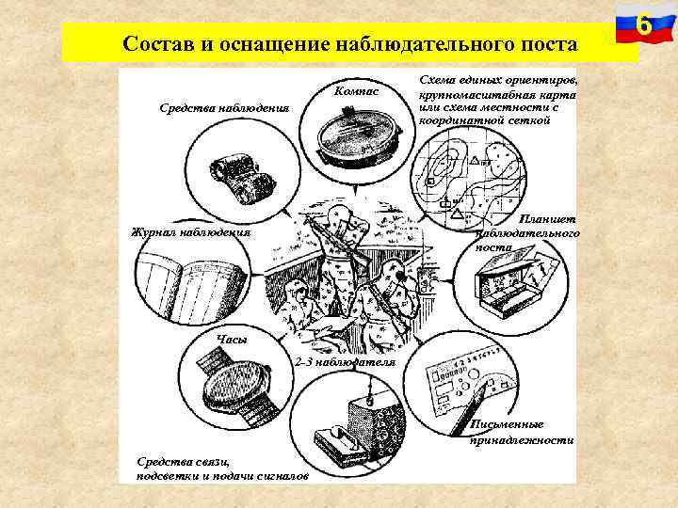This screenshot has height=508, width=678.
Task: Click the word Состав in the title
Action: tap(158, 44)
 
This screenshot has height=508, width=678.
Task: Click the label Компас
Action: tap(357, 92)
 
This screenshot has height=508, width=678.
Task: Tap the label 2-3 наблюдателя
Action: tap(346, 362)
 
